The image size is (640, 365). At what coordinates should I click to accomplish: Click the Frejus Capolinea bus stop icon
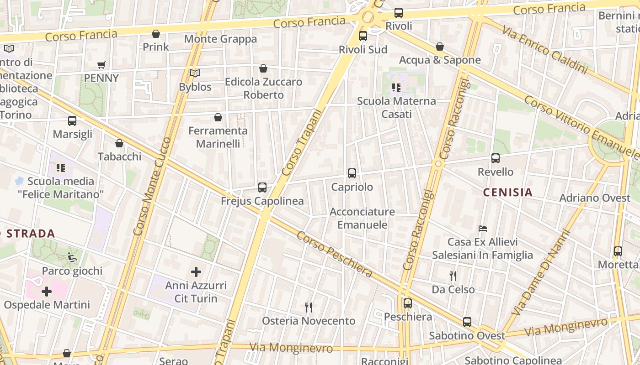[262, 187]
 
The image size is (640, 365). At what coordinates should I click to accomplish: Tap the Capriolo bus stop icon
[352, 173]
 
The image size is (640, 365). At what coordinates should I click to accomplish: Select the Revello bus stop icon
[496, 158]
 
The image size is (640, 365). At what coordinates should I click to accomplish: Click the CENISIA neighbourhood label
[508, 193]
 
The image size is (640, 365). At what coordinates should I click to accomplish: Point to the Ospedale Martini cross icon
[47, 291]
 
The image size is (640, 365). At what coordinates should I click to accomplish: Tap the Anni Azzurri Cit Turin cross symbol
[196, 272]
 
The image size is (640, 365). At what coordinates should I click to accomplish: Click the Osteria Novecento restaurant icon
[309, 307]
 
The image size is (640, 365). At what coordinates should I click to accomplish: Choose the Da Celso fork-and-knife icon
[453, 276]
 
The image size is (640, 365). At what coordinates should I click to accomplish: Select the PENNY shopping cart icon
[101, 65]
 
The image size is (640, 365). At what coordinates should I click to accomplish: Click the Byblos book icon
[195, 73]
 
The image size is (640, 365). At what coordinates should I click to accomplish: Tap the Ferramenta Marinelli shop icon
[218, 117]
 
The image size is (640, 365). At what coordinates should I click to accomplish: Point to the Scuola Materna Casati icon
[396, 87]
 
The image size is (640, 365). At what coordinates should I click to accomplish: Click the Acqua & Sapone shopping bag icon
[439, 47]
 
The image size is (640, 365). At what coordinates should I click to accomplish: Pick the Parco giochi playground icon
[72, 257]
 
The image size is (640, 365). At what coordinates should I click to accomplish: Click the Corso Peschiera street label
[334, 254]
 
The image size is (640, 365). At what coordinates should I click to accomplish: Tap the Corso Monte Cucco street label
[152, 186]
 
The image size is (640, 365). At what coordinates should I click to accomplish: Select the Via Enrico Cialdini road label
[544, 49]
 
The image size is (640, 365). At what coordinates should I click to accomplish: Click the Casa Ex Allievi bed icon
[482, 228]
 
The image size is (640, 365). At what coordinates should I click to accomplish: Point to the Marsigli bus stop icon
[72, 120]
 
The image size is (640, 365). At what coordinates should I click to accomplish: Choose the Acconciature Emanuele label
[362, 218]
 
